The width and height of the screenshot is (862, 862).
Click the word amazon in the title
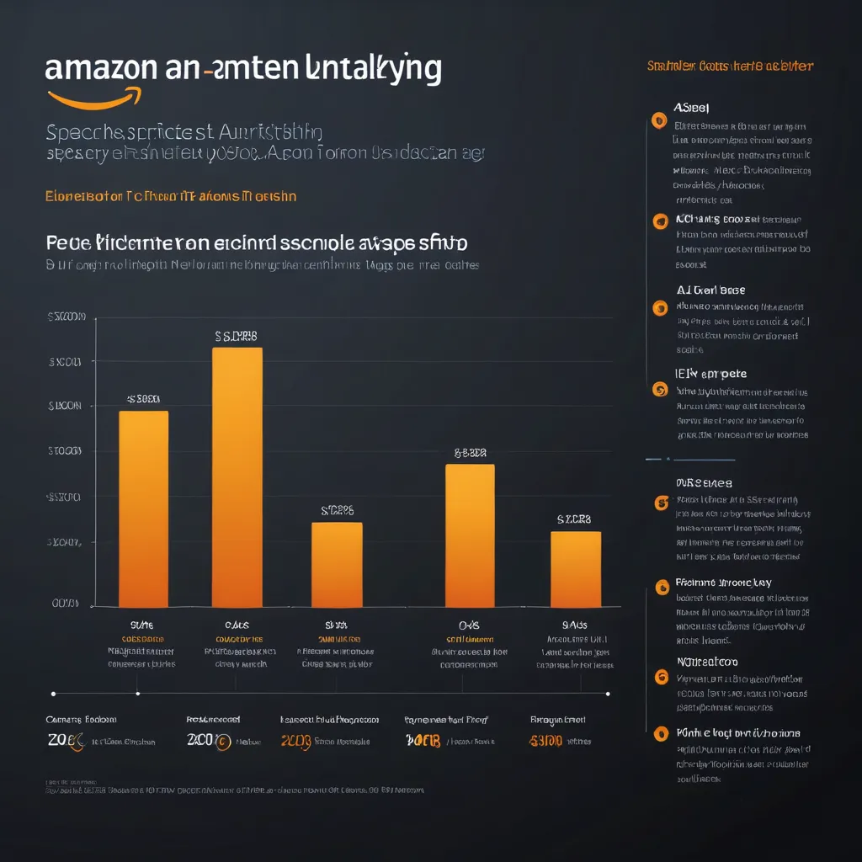100,68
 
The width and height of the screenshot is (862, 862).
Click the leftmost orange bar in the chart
144,508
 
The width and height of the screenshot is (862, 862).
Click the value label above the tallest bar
237,336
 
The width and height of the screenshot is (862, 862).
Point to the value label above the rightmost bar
574,519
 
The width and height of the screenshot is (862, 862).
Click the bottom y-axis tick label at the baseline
66,603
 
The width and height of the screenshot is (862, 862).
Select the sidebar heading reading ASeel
692,108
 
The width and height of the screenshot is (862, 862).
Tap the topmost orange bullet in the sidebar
659,121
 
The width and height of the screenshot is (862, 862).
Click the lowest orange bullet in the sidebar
661,733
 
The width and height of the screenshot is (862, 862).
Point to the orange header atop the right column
730,66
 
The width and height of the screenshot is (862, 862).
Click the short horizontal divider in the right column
690,460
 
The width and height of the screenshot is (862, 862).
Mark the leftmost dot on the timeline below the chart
54,694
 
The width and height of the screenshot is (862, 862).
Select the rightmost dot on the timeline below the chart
607,694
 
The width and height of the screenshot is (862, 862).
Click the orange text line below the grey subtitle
171,196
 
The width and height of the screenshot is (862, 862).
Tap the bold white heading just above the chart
256,243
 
